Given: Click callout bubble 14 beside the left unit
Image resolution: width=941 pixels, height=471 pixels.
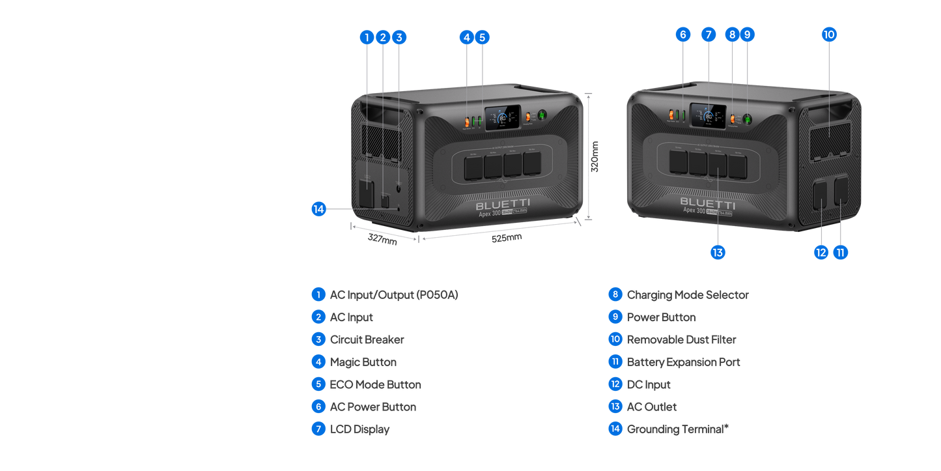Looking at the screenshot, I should pos(318,209).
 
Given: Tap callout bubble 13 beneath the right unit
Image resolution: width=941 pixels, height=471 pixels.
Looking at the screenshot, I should pos(718,252).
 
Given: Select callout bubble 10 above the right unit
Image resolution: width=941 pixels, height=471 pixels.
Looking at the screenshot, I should pos(828,35).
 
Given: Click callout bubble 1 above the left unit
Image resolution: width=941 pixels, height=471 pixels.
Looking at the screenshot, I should pos(367,37).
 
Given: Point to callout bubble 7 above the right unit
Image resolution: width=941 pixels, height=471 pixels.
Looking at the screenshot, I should pos(708,35).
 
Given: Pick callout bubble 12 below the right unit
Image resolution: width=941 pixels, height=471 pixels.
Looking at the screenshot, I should pos(821,252).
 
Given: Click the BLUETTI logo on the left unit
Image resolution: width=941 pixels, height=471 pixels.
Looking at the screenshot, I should pos(503,205).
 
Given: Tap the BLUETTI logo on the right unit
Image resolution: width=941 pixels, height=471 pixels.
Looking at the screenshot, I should pos(707,201).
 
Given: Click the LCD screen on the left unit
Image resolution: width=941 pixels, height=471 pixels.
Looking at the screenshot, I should pos(501,118).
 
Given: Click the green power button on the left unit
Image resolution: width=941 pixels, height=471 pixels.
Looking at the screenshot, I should pos(542,115).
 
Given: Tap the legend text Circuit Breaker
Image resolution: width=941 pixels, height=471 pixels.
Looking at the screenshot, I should pos(367,339).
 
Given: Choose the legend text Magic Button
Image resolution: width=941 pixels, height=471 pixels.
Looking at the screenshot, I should pos(363,362).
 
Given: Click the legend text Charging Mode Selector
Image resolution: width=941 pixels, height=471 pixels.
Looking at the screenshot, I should pos(687,294).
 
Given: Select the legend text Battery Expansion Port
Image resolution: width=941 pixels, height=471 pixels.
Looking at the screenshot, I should pos(683,362).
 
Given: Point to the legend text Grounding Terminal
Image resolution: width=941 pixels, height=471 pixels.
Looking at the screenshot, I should pos(677,429).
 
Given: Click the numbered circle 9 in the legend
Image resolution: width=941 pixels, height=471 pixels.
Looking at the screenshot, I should pos(615,317).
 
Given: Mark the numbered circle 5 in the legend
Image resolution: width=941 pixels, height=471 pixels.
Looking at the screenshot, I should pos(318,384).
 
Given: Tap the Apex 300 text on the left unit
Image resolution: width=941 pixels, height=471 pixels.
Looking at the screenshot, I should pos(490,213).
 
